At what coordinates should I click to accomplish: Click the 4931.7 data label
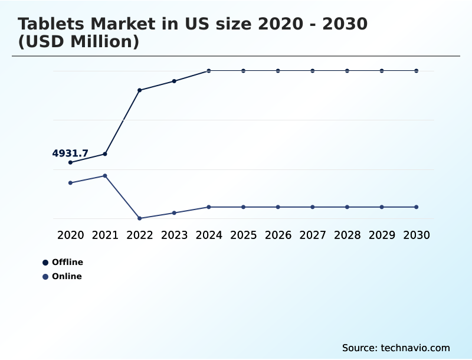[x=70, y=153]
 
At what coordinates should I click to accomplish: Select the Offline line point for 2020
[x=71, y=162]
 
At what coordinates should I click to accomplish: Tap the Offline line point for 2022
[x=140, y=90]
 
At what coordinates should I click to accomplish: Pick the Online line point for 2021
[x=105, y=176]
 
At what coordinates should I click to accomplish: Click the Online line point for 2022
[x=140, y=218]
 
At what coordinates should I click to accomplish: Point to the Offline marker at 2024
[x=209, y=71]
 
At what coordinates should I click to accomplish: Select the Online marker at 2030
[x=416, y=207]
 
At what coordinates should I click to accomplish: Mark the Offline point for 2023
[x=174, y=81]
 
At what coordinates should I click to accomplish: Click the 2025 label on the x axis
[x=243, y=235]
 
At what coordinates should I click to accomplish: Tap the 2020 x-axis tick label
[x=71, y=235]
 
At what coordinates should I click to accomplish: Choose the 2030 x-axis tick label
[x=416, y=235]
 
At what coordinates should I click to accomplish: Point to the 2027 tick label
[x=312, y=235]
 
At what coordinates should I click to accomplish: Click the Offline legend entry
[x=67, y=262]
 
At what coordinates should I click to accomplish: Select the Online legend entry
[x=66, y=276]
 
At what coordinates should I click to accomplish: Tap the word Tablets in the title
[x=50, y=24]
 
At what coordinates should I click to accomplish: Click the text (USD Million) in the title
[x=78, y=42]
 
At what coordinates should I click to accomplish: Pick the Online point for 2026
[x=278, y=207]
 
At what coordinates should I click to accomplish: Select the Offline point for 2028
[x=347, y=71]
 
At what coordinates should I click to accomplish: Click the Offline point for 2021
[x=105, y=154]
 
